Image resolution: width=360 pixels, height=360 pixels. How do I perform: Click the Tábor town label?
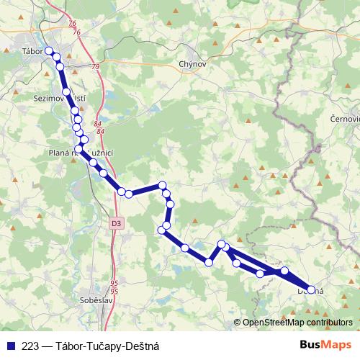33,51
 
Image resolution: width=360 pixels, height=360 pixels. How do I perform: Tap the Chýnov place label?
192,64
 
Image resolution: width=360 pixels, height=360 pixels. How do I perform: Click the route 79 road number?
96,67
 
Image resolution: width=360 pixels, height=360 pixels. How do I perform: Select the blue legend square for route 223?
10,346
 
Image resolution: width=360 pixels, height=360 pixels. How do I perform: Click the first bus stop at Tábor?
49,51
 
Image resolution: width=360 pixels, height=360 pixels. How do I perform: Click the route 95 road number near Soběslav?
114,286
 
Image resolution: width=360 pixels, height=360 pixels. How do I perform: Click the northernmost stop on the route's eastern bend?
163,185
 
